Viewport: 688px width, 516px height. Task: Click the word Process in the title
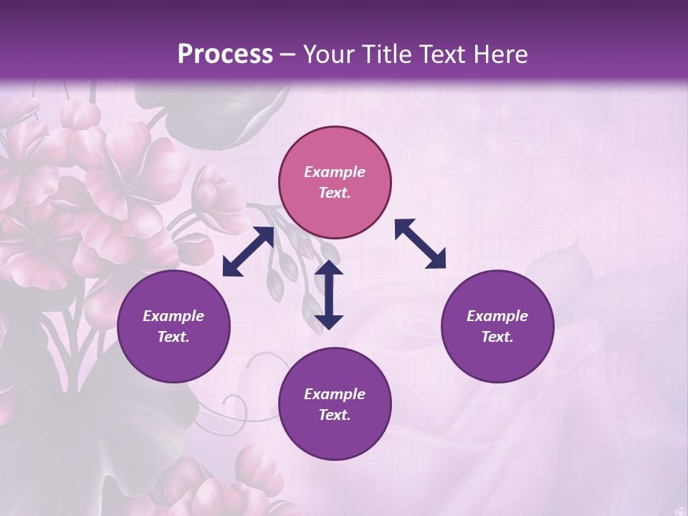(x=225, y=54)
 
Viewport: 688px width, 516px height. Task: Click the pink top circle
(x=335, y=182)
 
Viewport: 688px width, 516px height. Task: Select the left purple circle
(x=173, y=326)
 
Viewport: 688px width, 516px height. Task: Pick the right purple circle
(x=497, y=326)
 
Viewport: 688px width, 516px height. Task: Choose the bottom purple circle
(x=335, y=404)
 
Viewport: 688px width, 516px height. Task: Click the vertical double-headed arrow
(x=329, y=295)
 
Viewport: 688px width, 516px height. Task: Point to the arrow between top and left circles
(x=248, y=252)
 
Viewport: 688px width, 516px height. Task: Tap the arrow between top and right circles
(x=420, y=244)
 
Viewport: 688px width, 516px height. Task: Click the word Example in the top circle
(x=335, y=172)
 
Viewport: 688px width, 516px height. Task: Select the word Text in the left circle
(x=173, y=337)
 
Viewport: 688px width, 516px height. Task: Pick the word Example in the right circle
(x=497, y=316)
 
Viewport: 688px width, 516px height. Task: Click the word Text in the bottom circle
(x=335, y=415)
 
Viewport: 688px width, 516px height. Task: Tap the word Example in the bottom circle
(x=335, y=394)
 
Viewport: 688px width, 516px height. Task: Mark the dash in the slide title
(x=288, y=54)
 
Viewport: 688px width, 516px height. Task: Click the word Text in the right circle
(x=497, y=337)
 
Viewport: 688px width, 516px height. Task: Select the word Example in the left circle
(x=173, y=316)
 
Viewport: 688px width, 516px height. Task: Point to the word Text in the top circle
(x=335, y=193)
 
